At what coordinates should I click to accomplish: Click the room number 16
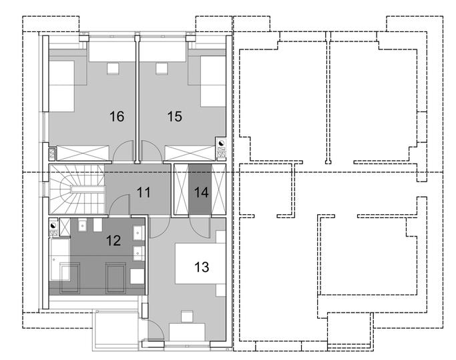coord(117,116)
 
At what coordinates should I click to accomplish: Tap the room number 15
coord(174,116)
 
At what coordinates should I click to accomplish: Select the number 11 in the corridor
coord(144,192)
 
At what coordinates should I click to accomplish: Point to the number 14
coord(201,192)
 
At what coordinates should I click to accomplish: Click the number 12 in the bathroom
coord(113,240)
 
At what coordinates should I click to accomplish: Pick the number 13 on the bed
coord(202,267)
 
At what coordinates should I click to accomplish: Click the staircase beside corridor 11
coord(77,190)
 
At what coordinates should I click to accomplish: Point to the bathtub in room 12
coord(60,260)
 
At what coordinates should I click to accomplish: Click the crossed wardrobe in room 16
coord(83,153)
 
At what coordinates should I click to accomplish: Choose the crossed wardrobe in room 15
coord(190,153)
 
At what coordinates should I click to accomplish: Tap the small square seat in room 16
coord(113,69)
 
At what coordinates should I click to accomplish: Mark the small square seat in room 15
coord(162,69)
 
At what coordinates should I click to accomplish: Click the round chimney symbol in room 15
coord(221,143)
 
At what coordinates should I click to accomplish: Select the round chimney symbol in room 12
coord(53,225)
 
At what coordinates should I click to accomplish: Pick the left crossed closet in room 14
coord(181,190)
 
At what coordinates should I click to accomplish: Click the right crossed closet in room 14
coord(218,190)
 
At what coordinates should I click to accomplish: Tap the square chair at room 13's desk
coord(187,317)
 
